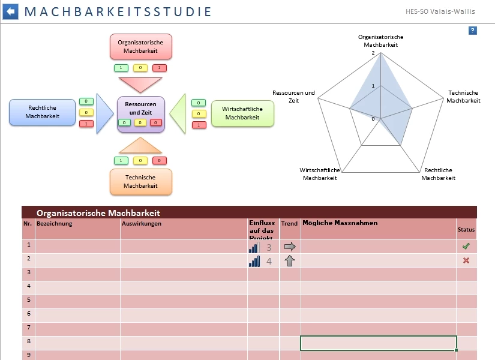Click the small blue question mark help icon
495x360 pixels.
(473, 31)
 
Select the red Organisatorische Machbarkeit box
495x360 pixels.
(140, 47)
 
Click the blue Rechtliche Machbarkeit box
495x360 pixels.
(43, 112)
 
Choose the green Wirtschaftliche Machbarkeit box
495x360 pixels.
(242, 113)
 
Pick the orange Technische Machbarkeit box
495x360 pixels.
(140, 182)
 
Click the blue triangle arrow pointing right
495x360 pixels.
(104, 113)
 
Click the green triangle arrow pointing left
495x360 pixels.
(178, 113)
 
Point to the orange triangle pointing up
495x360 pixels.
(140, 146)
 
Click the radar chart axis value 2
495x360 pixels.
(373, 53)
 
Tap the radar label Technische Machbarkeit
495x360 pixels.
(463, 97)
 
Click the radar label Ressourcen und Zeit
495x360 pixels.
(293, 97)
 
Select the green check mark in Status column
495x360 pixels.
(466, 247)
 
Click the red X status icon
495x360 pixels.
(466, 261)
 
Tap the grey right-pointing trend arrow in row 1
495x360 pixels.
(290, 247)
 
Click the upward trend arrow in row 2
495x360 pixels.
(290, 261)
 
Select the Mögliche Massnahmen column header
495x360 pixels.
(340, 223)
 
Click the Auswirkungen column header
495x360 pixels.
(142, 224)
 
